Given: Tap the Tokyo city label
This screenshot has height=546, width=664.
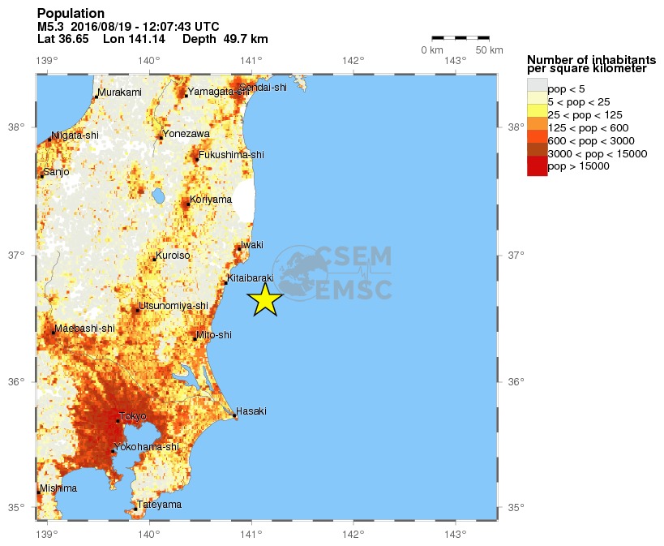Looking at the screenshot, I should click(x=133, y=416).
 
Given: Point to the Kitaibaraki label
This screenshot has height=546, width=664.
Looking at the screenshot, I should click(x=251, y=277).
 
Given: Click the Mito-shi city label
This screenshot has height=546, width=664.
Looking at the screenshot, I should click(x=214, y=334).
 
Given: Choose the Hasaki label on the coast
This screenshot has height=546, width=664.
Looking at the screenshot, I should click(x=251, y=411).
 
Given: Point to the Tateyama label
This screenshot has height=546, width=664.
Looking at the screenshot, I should click(x=159, y=505).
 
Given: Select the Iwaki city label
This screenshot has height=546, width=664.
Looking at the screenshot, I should click(x=252, y=244).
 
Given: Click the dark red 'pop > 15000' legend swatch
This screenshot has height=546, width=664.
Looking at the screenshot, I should click(x=537, y=166).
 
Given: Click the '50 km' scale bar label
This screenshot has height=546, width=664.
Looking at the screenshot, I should click(x=489, y=50).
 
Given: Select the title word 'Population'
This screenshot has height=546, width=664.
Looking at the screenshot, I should click(x=71, y=14).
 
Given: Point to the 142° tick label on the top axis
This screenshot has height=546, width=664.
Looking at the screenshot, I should click(x=352, y=60).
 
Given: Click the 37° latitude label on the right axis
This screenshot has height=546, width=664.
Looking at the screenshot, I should click(x=516, y=256).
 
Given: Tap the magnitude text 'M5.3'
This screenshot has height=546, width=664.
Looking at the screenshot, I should click(x=51, y=27).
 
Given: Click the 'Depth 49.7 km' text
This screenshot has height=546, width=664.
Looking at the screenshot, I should click(x=225, y=39).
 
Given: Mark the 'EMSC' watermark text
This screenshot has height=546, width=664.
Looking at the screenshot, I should click(x=354, y=289).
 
